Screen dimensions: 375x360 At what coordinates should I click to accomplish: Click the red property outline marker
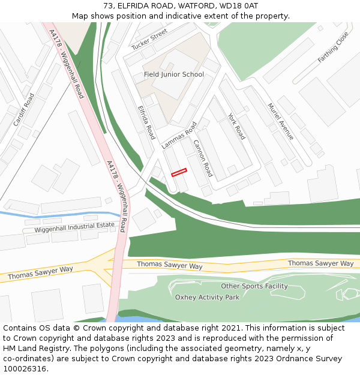[179, 172]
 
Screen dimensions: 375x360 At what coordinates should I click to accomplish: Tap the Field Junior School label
[174, 74]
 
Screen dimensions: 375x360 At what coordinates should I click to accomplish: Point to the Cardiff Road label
[24, 109]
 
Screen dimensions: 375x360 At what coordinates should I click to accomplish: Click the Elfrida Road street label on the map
[146, 122]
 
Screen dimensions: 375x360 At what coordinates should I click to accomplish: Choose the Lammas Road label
[179, 136]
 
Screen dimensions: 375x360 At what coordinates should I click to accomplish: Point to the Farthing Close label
[333, 47]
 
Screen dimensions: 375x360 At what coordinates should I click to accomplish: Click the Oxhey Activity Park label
[207, 297]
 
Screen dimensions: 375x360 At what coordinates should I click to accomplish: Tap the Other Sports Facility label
[254, 286]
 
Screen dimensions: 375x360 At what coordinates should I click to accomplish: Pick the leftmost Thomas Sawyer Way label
[40, 273]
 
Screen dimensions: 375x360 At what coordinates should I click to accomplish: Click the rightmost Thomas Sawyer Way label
[320, 263]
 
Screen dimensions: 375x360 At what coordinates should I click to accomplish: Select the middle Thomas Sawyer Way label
[170, 265]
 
